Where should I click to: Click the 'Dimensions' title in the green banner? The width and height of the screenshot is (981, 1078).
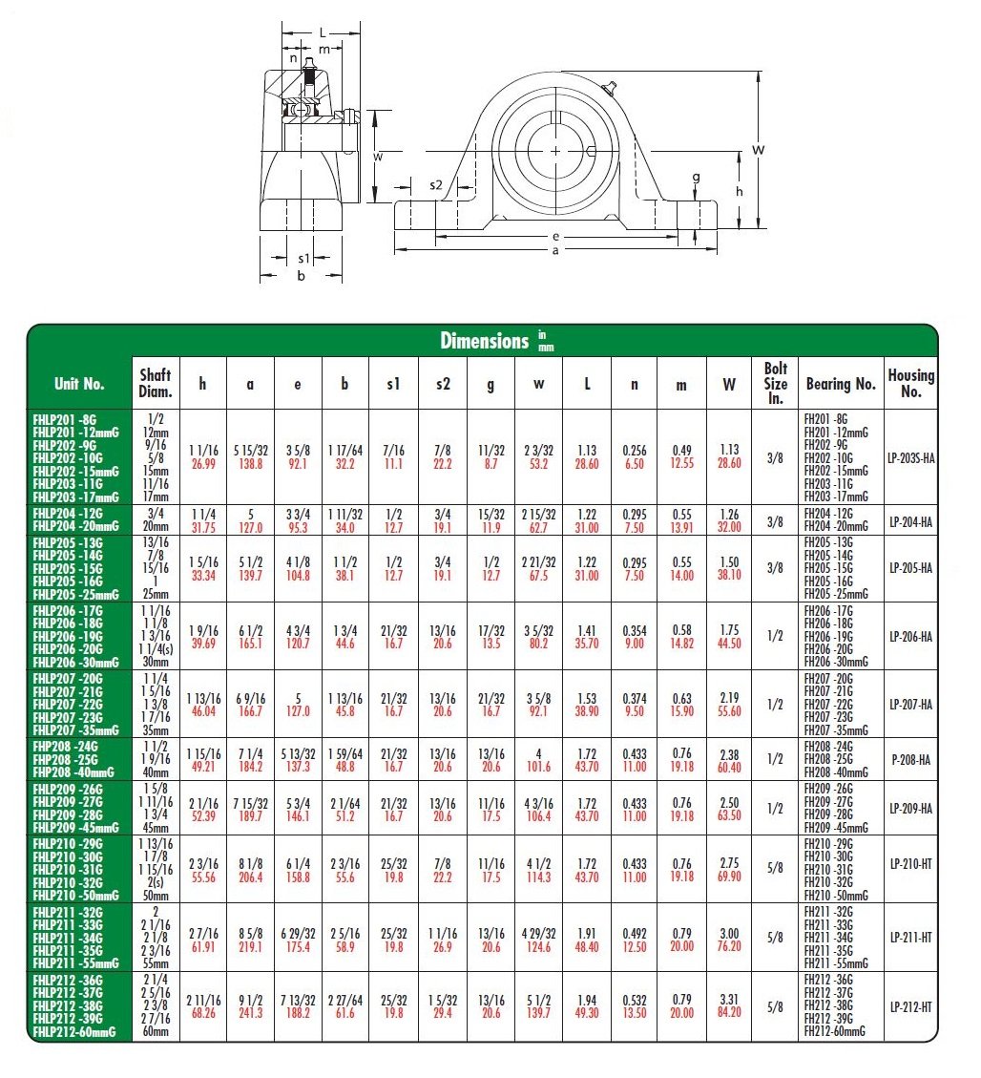pos(484,341)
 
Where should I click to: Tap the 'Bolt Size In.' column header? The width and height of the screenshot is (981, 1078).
pos(775,383)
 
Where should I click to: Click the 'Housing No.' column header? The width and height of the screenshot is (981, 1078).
pos(911,383)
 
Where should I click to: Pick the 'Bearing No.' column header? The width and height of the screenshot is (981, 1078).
pos(841,384)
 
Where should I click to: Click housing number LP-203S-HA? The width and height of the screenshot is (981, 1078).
pos(912,457)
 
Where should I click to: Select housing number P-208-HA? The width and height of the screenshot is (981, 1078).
pos(912,759)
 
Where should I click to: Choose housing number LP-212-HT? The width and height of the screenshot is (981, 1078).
pos(912,1006)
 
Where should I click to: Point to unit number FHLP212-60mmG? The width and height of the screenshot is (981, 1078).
pos(74,1032)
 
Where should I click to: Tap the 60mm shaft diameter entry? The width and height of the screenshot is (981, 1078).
pos(155,1032)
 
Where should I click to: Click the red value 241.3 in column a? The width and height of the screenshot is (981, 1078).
pos(250,1013)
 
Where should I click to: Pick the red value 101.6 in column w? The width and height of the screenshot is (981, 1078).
pos(538,766)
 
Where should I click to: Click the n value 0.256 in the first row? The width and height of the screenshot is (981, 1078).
pos(635,451)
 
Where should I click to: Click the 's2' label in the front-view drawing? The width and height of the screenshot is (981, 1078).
pos(436,184)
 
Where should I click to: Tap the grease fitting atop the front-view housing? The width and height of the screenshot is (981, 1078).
pos(611,89)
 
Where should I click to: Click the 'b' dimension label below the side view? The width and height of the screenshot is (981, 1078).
pos(301,277)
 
